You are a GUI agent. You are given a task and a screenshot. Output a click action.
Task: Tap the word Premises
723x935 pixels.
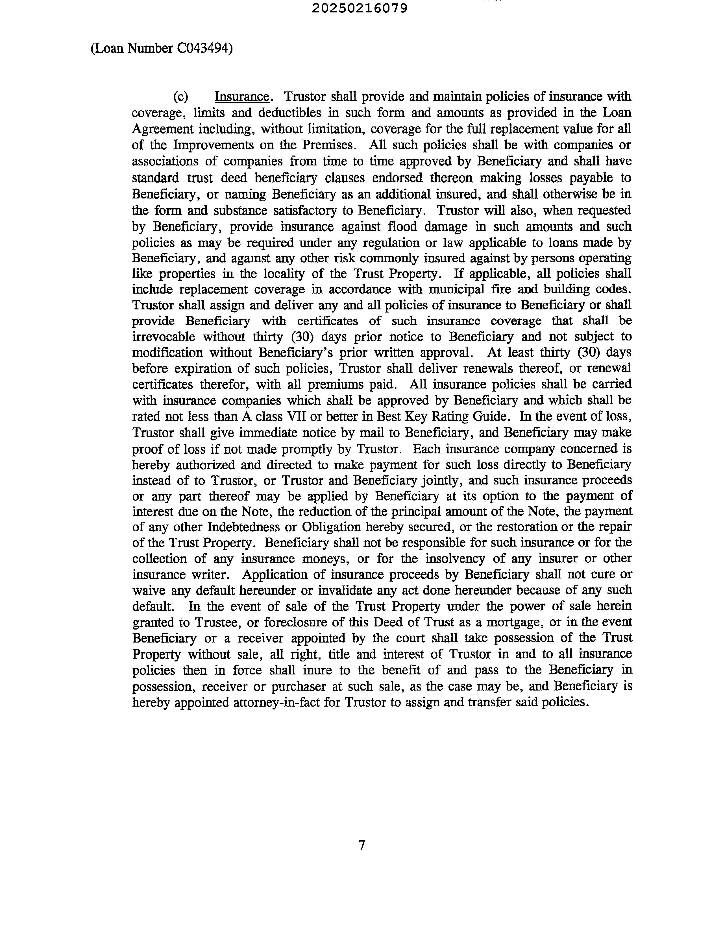[329, 145]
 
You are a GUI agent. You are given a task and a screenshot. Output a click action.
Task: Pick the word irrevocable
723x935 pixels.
[164, 337]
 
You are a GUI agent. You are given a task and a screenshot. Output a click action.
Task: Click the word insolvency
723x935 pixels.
[455, 559]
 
